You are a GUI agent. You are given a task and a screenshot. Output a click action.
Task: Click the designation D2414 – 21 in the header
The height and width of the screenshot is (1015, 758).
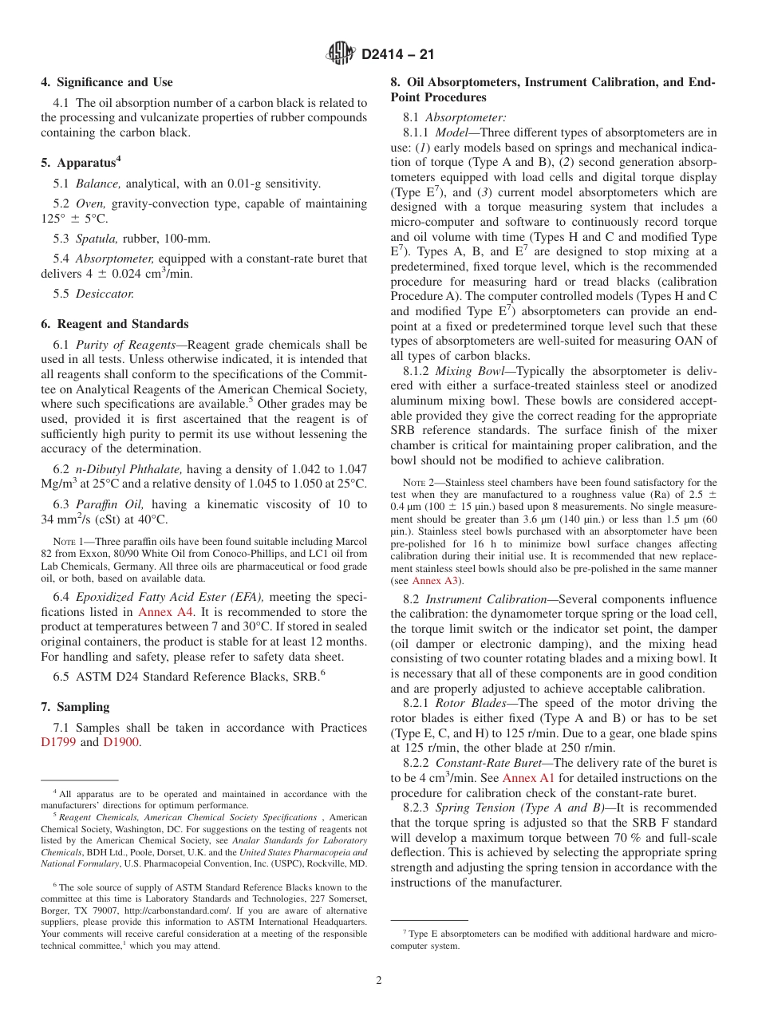pyautogui.click(x=397, y=55)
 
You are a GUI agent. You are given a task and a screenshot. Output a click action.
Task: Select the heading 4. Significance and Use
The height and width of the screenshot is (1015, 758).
pyautogui.click(x=106, y=82)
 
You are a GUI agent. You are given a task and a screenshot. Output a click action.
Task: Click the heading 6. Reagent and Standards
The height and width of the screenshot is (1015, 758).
pyautogui.click(x=114, y=324)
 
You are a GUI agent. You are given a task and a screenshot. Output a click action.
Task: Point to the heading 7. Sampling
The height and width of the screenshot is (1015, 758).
pyautogui.click(x=75, y=707)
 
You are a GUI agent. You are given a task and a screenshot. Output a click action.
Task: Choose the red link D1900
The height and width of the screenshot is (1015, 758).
pyautogui.click(x=121, y=742)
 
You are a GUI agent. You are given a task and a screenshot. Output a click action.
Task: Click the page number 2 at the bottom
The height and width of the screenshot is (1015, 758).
pyautogui.click(x=379, y=981)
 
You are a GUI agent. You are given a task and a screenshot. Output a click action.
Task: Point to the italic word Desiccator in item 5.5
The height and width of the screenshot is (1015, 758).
pyautogui.click(x=105, y=293)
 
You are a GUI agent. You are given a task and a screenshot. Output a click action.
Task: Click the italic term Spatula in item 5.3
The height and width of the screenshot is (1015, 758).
pyautogui.click(x=97, y=239)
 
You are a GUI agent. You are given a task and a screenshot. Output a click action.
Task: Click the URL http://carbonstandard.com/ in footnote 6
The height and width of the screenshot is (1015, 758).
pyautogui.click(x=182, y=910)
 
